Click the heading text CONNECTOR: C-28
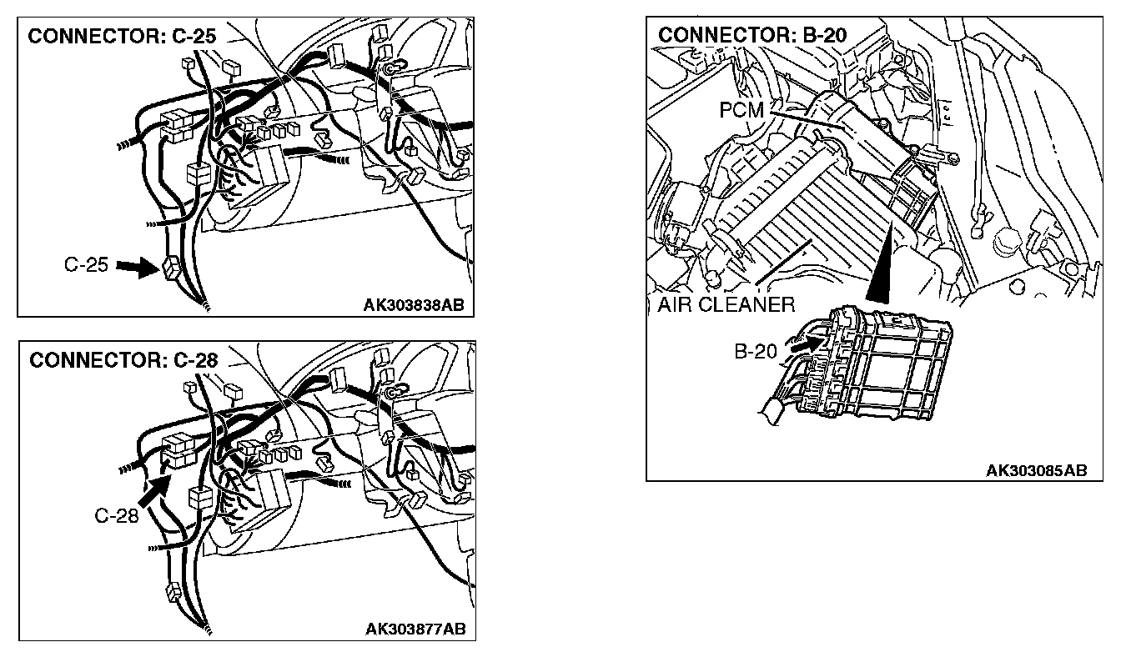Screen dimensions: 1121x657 tap(123, 361)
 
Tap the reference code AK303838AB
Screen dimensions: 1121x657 tap(412, 305)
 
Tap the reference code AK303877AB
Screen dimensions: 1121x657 tap(415, 629)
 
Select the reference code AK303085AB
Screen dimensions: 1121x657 tap(1036, 470)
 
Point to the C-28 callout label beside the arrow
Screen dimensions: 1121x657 tap(115, 516)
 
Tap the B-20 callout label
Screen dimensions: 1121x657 tap(755, 352)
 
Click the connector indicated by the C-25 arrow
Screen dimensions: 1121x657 tap(171, 266)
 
